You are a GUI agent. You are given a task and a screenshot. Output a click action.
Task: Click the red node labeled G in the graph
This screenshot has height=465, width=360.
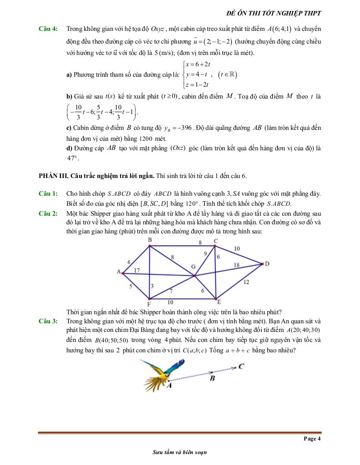coord(195,276)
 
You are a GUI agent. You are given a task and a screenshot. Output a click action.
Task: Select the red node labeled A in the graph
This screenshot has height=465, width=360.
coord(123,273)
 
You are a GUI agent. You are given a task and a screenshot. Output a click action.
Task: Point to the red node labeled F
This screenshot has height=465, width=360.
coord(149,299)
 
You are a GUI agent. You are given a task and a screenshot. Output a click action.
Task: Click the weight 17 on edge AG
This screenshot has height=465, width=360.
coord(137,271)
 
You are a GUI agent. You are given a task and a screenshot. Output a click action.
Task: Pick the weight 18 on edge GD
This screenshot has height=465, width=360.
coord(236,265)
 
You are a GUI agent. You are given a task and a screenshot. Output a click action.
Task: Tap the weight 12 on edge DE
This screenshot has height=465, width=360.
coord(246,282)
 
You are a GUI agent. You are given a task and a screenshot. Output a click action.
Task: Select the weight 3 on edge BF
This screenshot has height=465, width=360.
coord(152,286)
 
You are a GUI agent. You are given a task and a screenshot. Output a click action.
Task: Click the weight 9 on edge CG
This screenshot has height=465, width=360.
coord(205,254)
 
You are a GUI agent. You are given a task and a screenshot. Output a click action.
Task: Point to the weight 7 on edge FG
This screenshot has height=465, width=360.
coord(171,291)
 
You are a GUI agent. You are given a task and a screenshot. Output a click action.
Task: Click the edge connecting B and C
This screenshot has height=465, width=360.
coord(182,246)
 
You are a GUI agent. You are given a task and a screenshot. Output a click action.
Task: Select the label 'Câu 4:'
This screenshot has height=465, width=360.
coord(48,29)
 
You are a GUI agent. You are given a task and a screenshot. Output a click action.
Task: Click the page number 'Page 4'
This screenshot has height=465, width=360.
coord(312,438)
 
